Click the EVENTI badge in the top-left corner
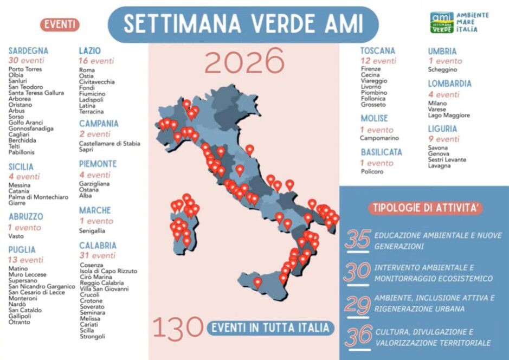click(60, 24)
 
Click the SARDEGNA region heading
click(28, 51)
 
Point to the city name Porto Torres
click(25, 69)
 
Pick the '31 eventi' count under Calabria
click(98, 255)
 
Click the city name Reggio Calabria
click(101, 283)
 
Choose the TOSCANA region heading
click(378, 51)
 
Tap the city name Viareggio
click(374, 81)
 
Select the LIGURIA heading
click(442, 129)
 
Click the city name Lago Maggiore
click(449, 115)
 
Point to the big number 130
click(177, 327)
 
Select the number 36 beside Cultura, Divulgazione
click(358, 336)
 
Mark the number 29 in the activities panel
click(357, 304)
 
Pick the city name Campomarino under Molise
click(379, 138)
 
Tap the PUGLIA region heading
click(22, 250)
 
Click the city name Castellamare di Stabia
click(109, 144)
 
